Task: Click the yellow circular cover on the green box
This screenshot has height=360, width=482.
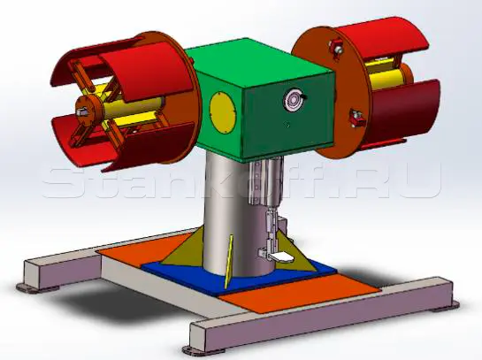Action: click(223, 113)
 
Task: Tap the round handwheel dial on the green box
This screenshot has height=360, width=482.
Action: click(293, 100)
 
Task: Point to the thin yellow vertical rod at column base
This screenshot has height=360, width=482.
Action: click(228, 262)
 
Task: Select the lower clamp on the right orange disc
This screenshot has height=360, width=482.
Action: click(356, 118)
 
